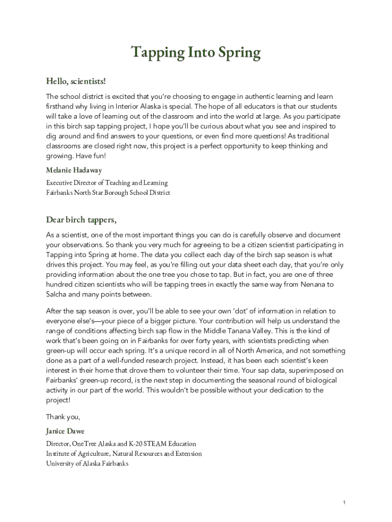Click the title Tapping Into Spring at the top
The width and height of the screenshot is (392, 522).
tap(196, 53)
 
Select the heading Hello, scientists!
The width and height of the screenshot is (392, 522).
tap(76, 81)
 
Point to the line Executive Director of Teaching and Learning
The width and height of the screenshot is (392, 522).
tap(107, 182)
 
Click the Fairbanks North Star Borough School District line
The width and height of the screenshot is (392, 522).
tap(108, 193)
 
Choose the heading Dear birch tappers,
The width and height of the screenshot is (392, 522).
tap(81, 220)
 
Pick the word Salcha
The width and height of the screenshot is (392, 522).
tap(58, 295)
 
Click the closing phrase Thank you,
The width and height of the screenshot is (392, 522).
tap(63, 417)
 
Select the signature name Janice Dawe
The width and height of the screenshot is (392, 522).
tap(65, 431)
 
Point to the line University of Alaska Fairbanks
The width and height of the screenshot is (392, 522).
tap(87, 463)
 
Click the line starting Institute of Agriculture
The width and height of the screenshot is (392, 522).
tap(124, 454)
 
